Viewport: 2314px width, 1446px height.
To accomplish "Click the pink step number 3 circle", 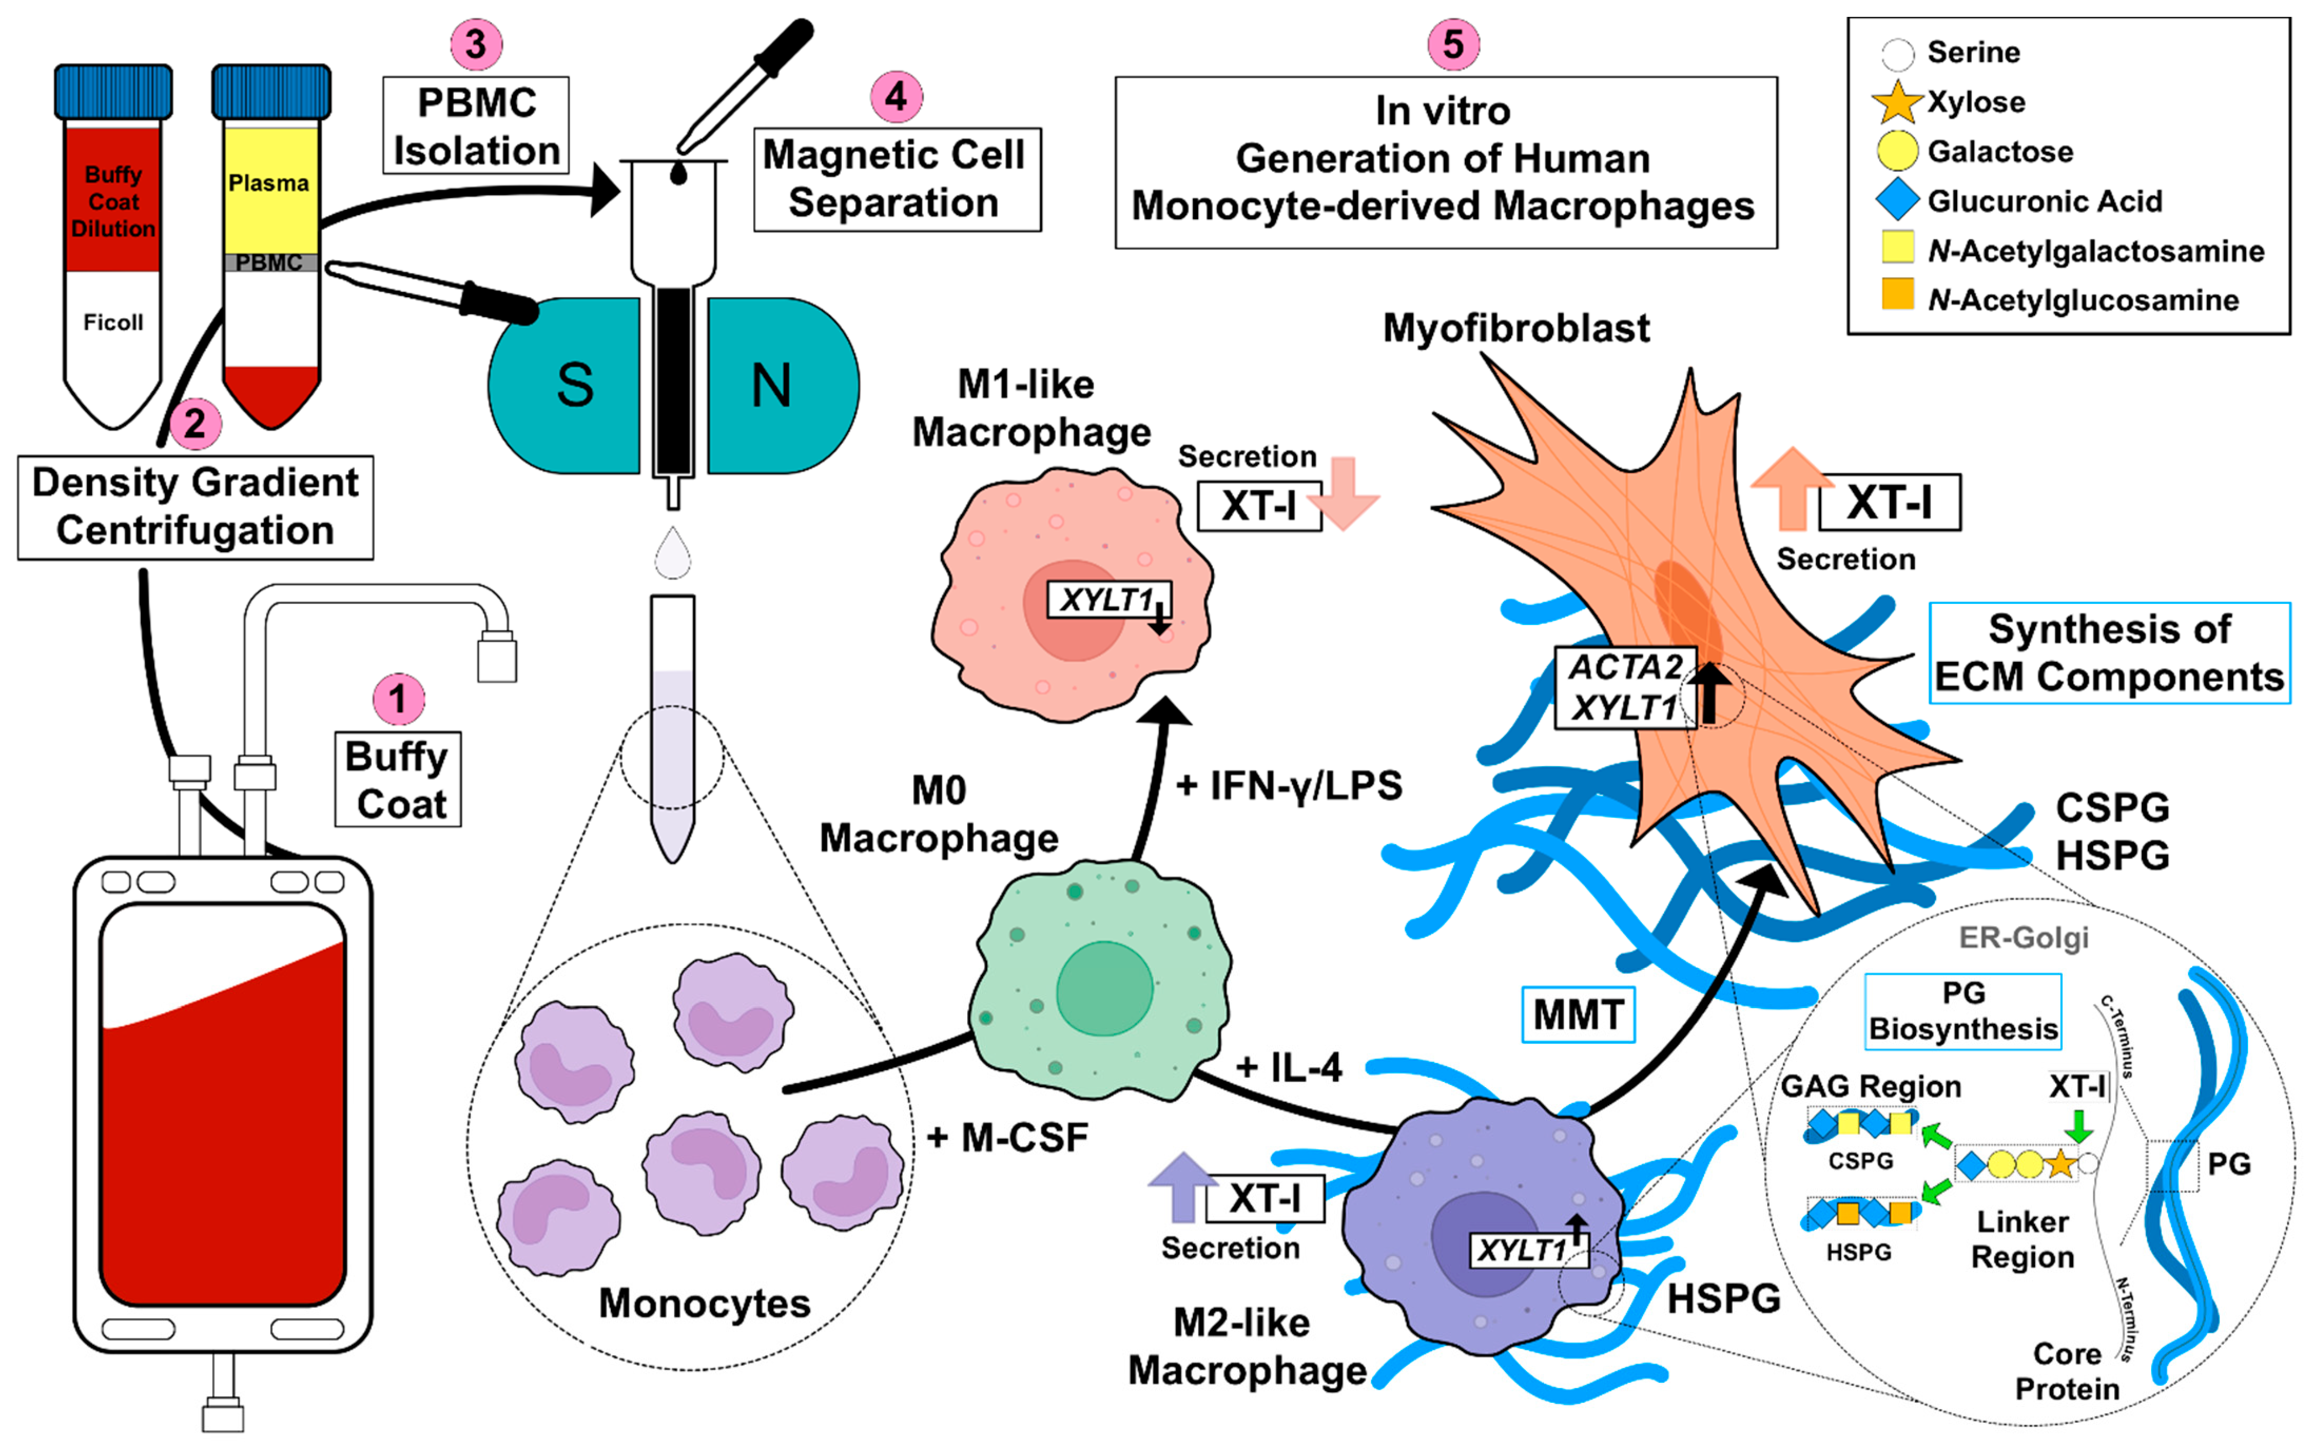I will point(475,44).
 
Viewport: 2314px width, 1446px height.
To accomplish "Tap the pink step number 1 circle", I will point(398,699).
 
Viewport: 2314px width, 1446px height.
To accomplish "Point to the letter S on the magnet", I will point(575,385).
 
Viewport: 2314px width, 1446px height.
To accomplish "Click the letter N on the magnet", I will point(771,385).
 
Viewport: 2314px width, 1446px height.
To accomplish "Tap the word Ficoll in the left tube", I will point(113,323).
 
